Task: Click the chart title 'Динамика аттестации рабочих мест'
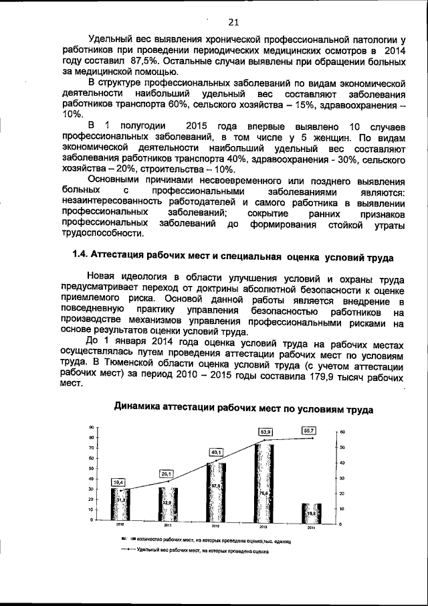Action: (x=243, y=406)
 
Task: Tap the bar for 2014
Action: (x=311, y=512)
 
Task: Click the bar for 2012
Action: (x=215, y=491)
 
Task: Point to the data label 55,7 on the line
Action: (x=309, y=430)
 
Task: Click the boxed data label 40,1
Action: (x=216, y=453)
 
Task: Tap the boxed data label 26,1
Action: (x=167, y=473)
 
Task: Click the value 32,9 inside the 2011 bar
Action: (x=167, y=502)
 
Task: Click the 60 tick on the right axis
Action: (x=342, y=432)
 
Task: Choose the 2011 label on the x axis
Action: (x=167, y=526)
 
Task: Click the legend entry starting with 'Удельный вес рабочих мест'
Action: (x=201, y=550)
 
